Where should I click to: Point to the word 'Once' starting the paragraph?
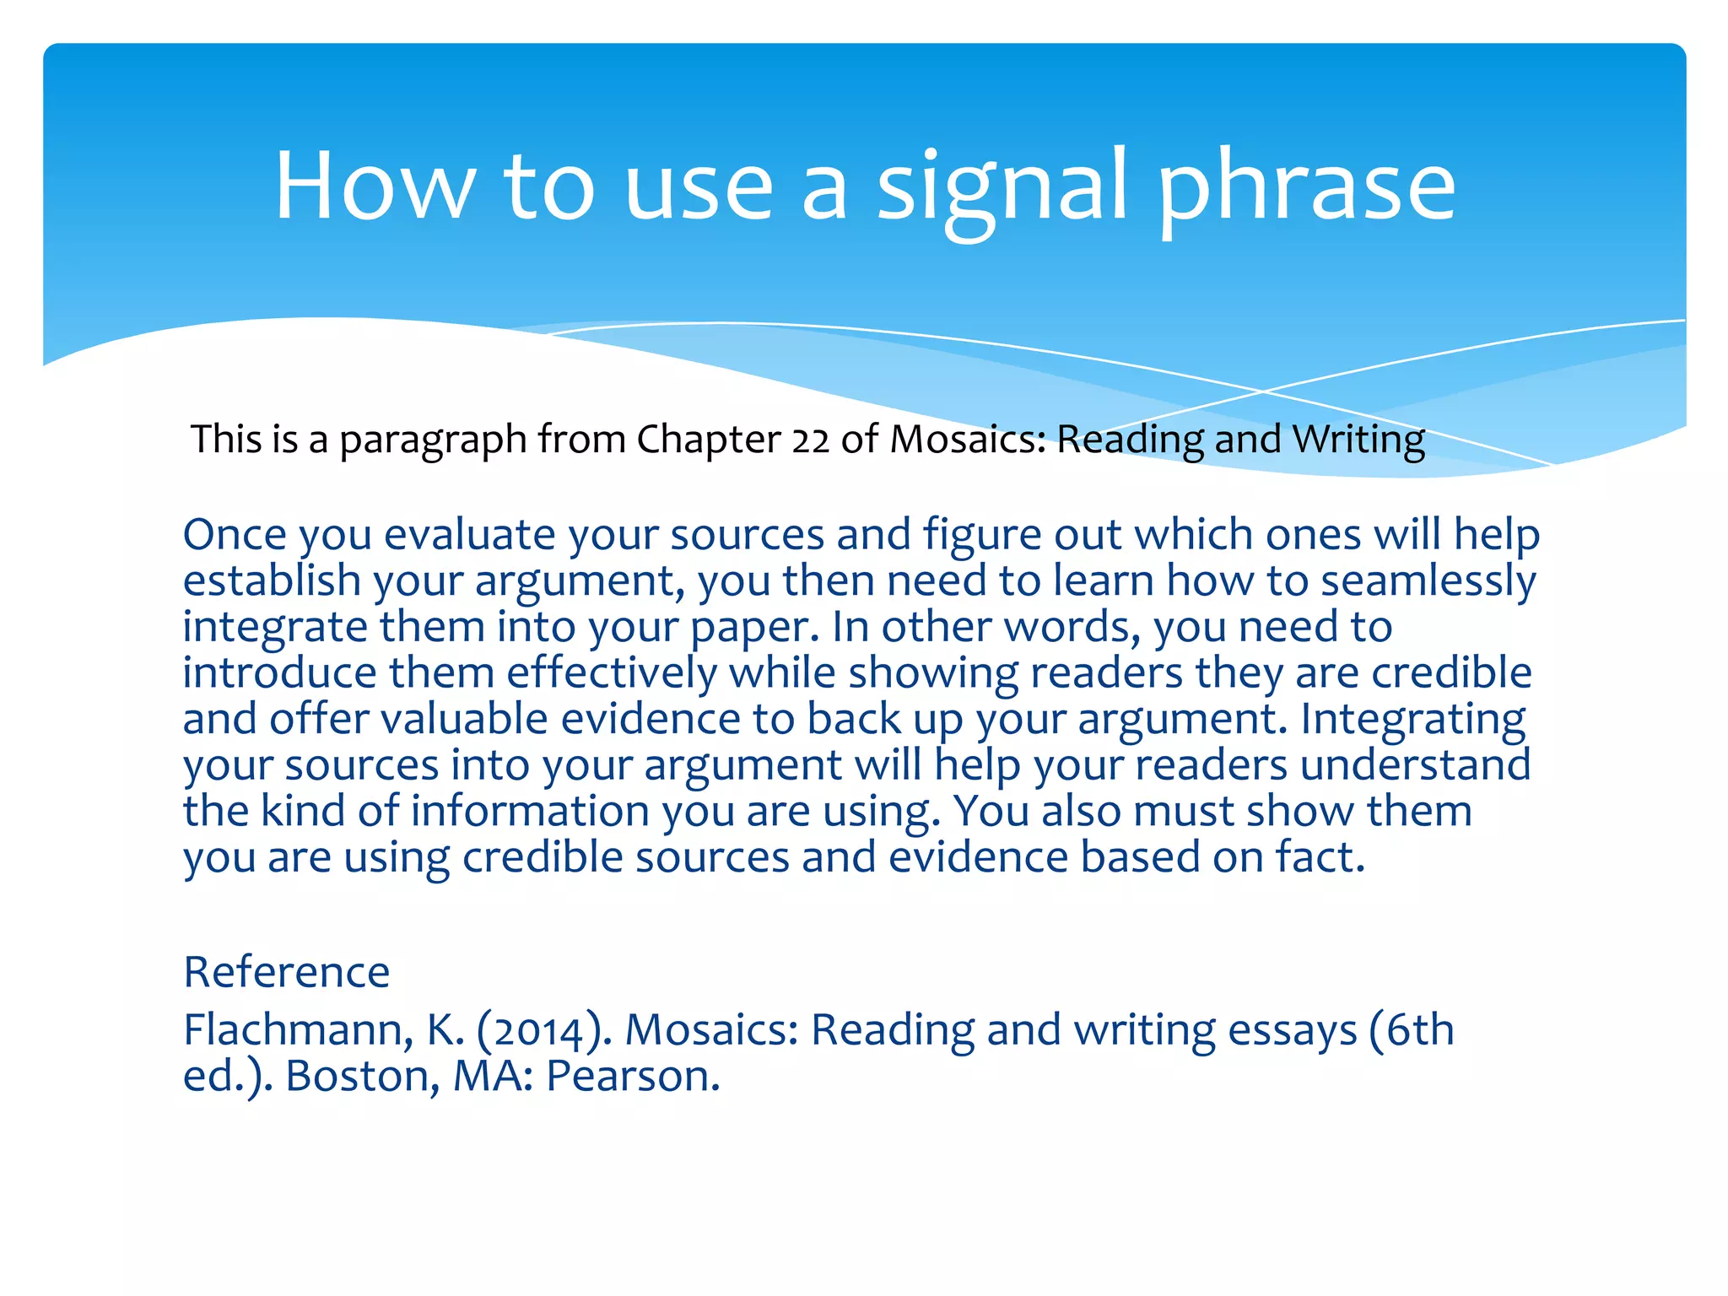click(234, 535)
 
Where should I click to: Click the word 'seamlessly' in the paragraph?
click(1428, 581)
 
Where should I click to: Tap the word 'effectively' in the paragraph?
click(612, 673)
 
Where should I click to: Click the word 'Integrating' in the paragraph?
click(1412, 721)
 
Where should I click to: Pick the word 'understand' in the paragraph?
click(1415, 765)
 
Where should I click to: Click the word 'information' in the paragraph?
click(529, 811)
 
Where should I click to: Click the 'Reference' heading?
click(286, 972)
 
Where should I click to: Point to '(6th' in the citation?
click(1412, 1030)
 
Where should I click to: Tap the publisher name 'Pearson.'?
click(633, 1077)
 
